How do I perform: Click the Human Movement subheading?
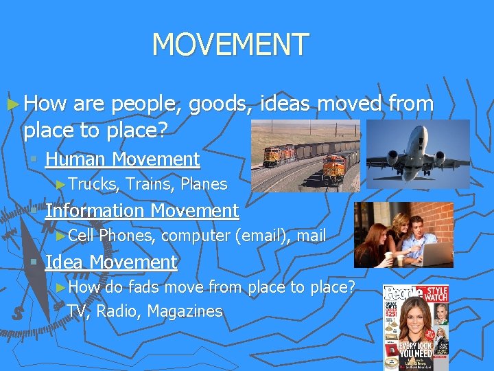pos(122,159)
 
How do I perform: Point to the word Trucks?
pos(95,184)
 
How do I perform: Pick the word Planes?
pos(204,184)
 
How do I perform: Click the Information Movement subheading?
pos(141,211)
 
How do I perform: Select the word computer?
pos(196,236)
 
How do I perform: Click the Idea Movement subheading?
pos(110,262)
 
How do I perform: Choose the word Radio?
pos(117,312)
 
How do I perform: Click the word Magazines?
pos(185,312)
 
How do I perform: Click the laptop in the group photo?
pos(436,254)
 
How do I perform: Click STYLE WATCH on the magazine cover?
pos(435,294)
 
